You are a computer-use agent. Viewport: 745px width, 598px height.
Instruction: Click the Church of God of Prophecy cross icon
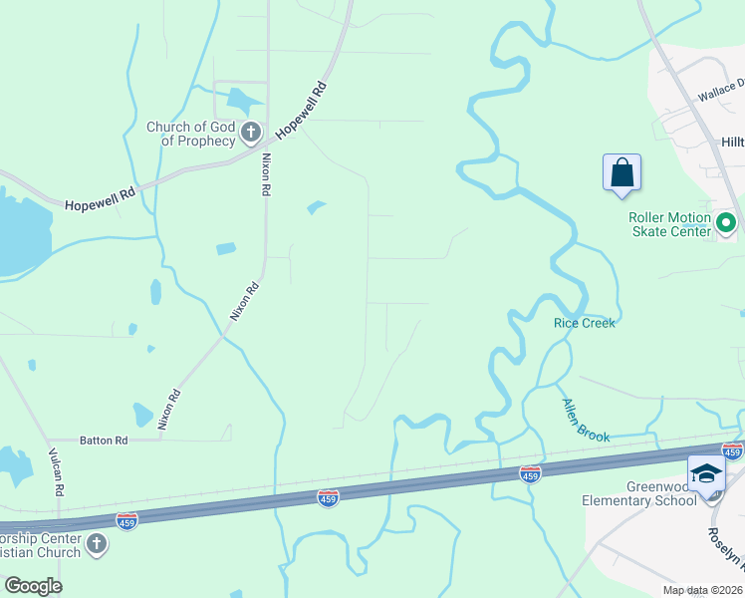coord(250,131)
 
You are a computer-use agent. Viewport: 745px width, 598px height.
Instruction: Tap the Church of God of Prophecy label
coord(190,134)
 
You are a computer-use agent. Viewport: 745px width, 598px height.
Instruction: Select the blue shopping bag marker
coord(621,171)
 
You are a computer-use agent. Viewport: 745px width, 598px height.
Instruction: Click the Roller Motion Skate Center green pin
coord(725,222)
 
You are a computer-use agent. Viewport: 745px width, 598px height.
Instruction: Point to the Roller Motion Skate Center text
coord(669,224)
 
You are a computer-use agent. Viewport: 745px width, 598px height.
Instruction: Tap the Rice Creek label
coord(585,323)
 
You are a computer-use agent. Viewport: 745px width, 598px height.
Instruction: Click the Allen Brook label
coord(585,421)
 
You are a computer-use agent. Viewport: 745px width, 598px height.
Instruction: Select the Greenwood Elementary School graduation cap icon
coord(706,472)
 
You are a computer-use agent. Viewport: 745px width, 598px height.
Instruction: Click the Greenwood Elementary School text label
coord(639,493)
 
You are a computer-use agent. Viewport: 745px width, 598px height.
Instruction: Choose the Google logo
coord(33,586)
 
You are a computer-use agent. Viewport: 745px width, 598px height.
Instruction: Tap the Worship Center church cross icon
coord(97,543)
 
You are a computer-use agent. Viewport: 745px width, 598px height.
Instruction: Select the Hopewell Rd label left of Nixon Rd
coord(99,202)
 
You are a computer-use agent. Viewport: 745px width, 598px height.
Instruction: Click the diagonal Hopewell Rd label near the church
coord(302,111)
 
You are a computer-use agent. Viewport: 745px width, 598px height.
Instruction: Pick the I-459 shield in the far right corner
coord(732,451)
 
